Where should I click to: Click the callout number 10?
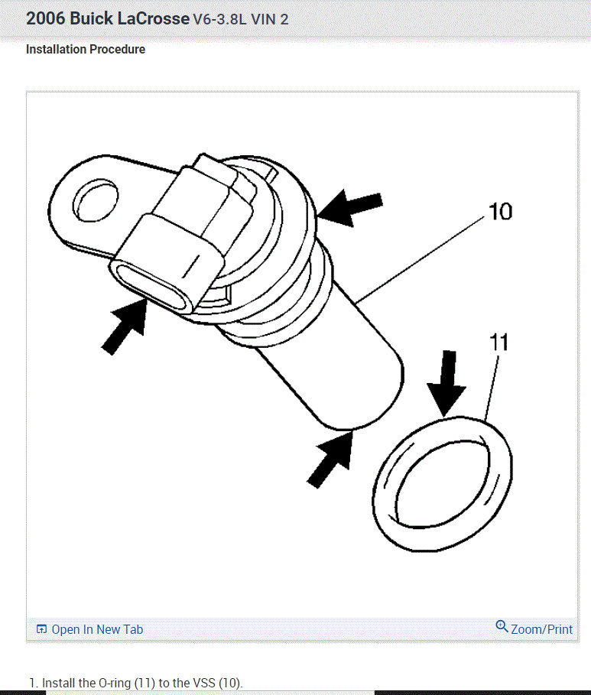point(500,211)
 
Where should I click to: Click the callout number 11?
point(498,342)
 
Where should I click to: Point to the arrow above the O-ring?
point(445,382)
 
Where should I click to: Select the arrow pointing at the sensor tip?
point(332,458)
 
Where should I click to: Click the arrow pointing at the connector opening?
point(125,326)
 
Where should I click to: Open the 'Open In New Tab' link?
point(96,629)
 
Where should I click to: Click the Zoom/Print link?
point(541,629)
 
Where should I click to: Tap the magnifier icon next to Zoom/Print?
point(502,627)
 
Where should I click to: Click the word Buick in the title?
point(93,18)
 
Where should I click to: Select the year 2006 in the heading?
point(45,18)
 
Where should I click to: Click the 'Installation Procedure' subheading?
point(86,50)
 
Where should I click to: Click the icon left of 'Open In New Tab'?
point(41,629)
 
